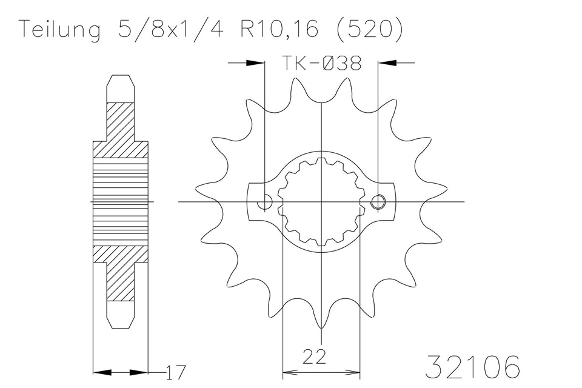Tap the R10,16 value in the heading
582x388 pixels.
(279, 29)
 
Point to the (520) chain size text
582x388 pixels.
(369, 29)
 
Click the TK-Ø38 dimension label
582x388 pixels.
(321, 63)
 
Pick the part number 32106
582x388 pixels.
(472, 366)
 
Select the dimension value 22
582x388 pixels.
(315, 357)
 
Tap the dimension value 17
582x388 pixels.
(175, 372)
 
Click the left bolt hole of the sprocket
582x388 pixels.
(265, 202)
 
